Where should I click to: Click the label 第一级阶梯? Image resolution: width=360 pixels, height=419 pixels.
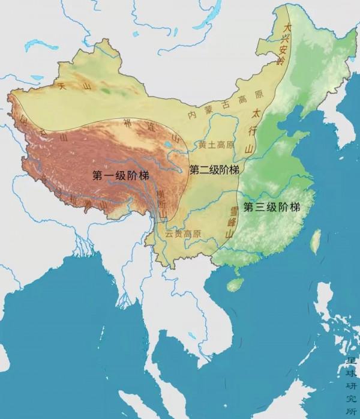click(x=121, y=175)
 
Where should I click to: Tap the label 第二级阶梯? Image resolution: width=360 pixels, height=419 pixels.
click(x=214, y=170)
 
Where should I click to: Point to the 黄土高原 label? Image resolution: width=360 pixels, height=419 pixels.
click(x=217, y=145)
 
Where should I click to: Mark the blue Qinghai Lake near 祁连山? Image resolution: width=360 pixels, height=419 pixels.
click(x=166, y=145)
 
